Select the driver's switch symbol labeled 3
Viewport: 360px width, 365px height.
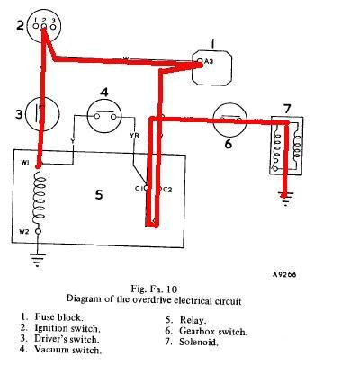(x=41, y=114)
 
